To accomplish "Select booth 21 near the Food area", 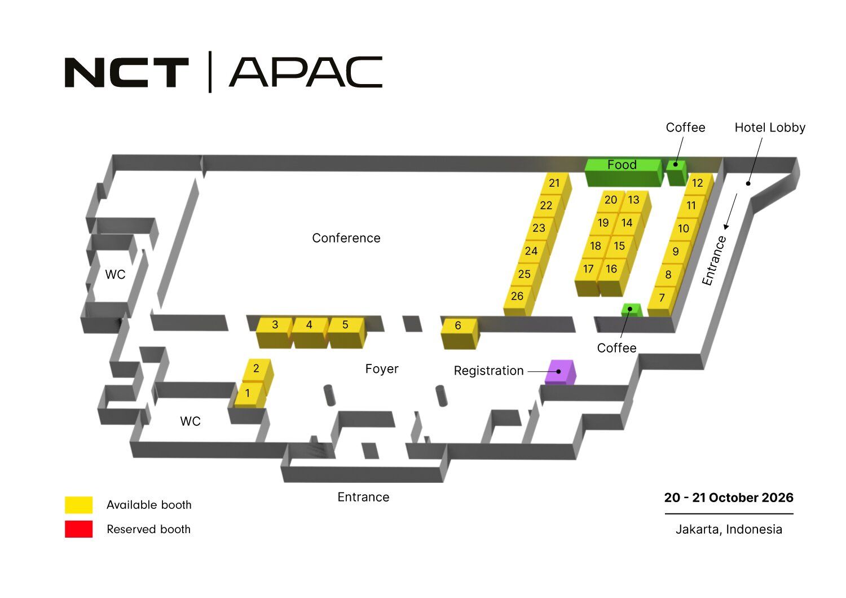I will coord(554,183).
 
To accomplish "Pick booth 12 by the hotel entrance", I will coord(698,183).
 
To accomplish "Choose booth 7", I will coord(662,298).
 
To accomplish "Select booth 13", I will coord(634,200).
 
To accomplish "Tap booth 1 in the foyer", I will coord(248,393).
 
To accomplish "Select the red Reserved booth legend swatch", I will coord(78,529).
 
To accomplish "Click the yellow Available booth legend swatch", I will coord(78,504).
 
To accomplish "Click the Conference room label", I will coord(346,238).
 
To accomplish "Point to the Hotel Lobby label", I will coord(770,128).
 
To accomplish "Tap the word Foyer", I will coord(382,369).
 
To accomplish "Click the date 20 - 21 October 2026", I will coord(729,498).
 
